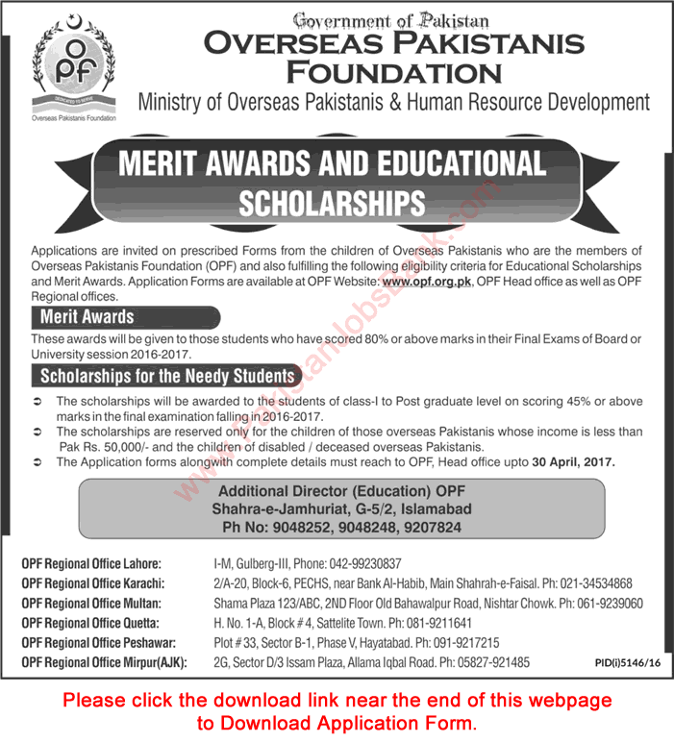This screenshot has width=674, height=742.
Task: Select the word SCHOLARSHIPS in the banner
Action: tap(332, 202)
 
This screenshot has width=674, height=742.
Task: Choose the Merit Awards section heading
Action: tap(87, 316)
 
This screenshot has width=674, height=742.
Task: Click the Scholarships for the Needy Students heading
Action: tap(166, 376)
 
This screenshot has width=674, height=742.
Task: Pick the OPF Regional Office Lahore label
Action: tap(91, 563)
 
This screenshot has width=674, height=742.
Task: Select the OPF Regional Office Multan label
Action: tap(91, 604)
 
